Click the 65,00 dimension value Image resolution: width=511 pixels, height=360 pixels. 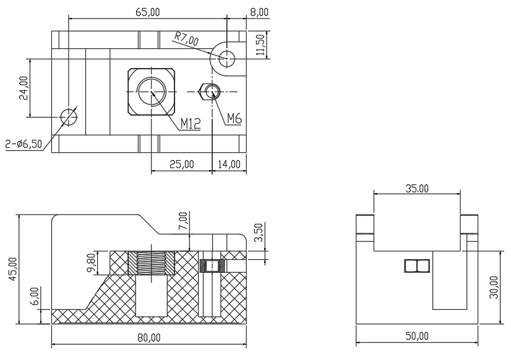(x=148, y=12)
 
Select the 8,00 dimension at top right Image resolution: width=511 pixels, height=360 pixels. (x=259, y=12)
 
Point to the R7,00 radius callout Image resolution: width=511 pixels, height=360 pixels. (x=186, y=39)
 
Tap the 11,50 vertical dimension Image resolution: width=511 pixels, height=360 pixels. (x=260, y=45)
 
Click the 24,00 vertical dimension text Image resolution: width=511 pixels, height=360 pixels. (x=24, y=88)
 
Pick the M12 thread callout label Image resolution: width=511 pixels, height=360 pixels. (x=191, y=124)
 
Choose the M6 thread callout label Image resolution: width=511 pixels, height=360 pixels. (x=234, y=119)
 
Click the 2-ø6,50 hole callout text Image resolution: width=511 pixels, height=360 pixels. (x=24, y=144)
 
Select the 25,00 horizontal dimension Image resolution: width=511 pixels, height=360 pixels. (x=181, y=164)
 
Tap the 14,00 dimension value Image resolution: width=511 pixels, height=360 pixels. (x=229, y=164)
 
